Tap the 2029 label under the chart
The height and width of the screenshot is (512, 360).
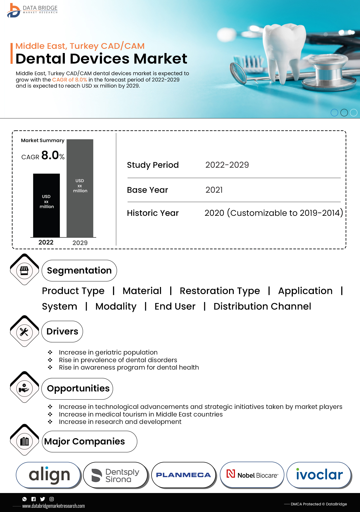pyautogui.click(x=80, y=243)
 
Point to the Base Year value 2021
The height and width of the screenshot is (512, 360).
pyautogui.click(x=214, y=190)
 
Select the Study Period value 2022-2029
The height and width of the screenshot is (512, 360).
pyautogui.click(x=227, y=165)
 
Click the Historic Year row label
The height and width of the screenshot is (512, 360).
pyautogui.click(x=153, y=213)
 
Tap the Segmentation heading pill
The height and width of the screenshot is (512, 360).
pyautogui.click(x=79, y=271)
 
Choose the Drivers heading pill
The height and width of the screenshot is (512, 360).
pyautogui.click(x=62, y=331)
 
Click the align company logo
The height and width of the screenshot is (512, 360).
pyautogui.click(x=49, y=475)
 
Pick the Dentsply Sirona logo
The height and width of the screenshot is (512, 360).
pyautogui.click(x=115, y=475)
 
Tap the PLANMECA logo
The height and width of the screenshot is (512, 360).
pyautogui.click(x=183, y=475)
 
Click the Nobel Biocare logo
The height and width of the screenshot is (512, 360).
pyautogui.click(x=252, y=475)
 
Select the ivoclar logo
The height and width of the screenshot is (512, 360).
pyautogui.click(x=319, y=475)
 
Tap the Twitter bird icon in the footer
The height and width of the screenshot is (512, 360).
pyautogui.click(x=42, y=499)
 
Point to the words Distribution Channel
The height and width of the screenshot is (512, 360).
pyautogui.click(x=262, y=306)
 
